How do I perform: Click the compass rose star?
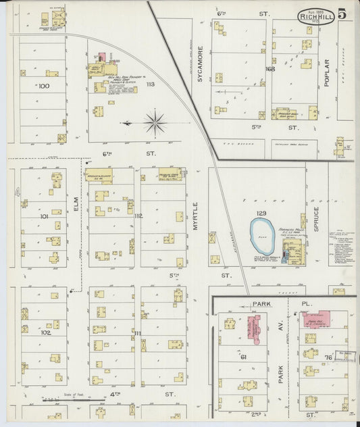click(155, 123)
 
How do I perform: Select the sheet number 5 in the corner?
click(343, 14)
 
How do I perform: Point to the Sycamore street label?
click(200, 69)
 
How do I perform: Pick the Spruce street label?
click(315, 218)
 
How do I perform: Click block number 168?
click(270, 69)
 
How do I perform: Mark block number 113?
click(149, 84)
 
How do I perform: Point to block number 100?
click(44, 86)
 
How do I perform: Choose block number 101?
click(44, 217)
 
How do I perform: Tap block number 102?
click(45, 332)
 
